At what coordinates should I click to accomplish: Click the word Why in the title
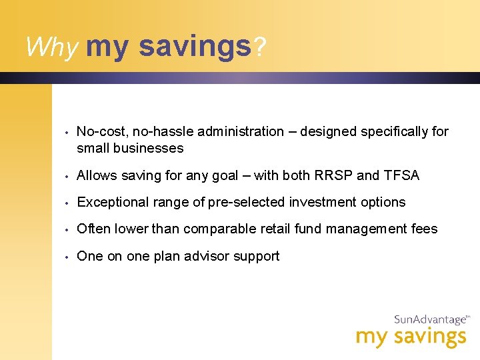click(x=52, y=47)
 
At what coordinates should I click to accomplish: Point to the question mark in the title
click(x=260, y=47)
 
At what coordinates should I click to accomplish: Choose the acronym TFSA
click(x=401, y=176)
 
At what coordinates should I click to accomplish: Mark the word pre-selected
click(x=249, y=203)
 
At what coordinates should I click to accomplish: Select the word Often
click(x=94, y=229)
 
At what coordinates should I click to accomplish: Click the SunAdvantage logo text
click(x=431, y=320)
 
